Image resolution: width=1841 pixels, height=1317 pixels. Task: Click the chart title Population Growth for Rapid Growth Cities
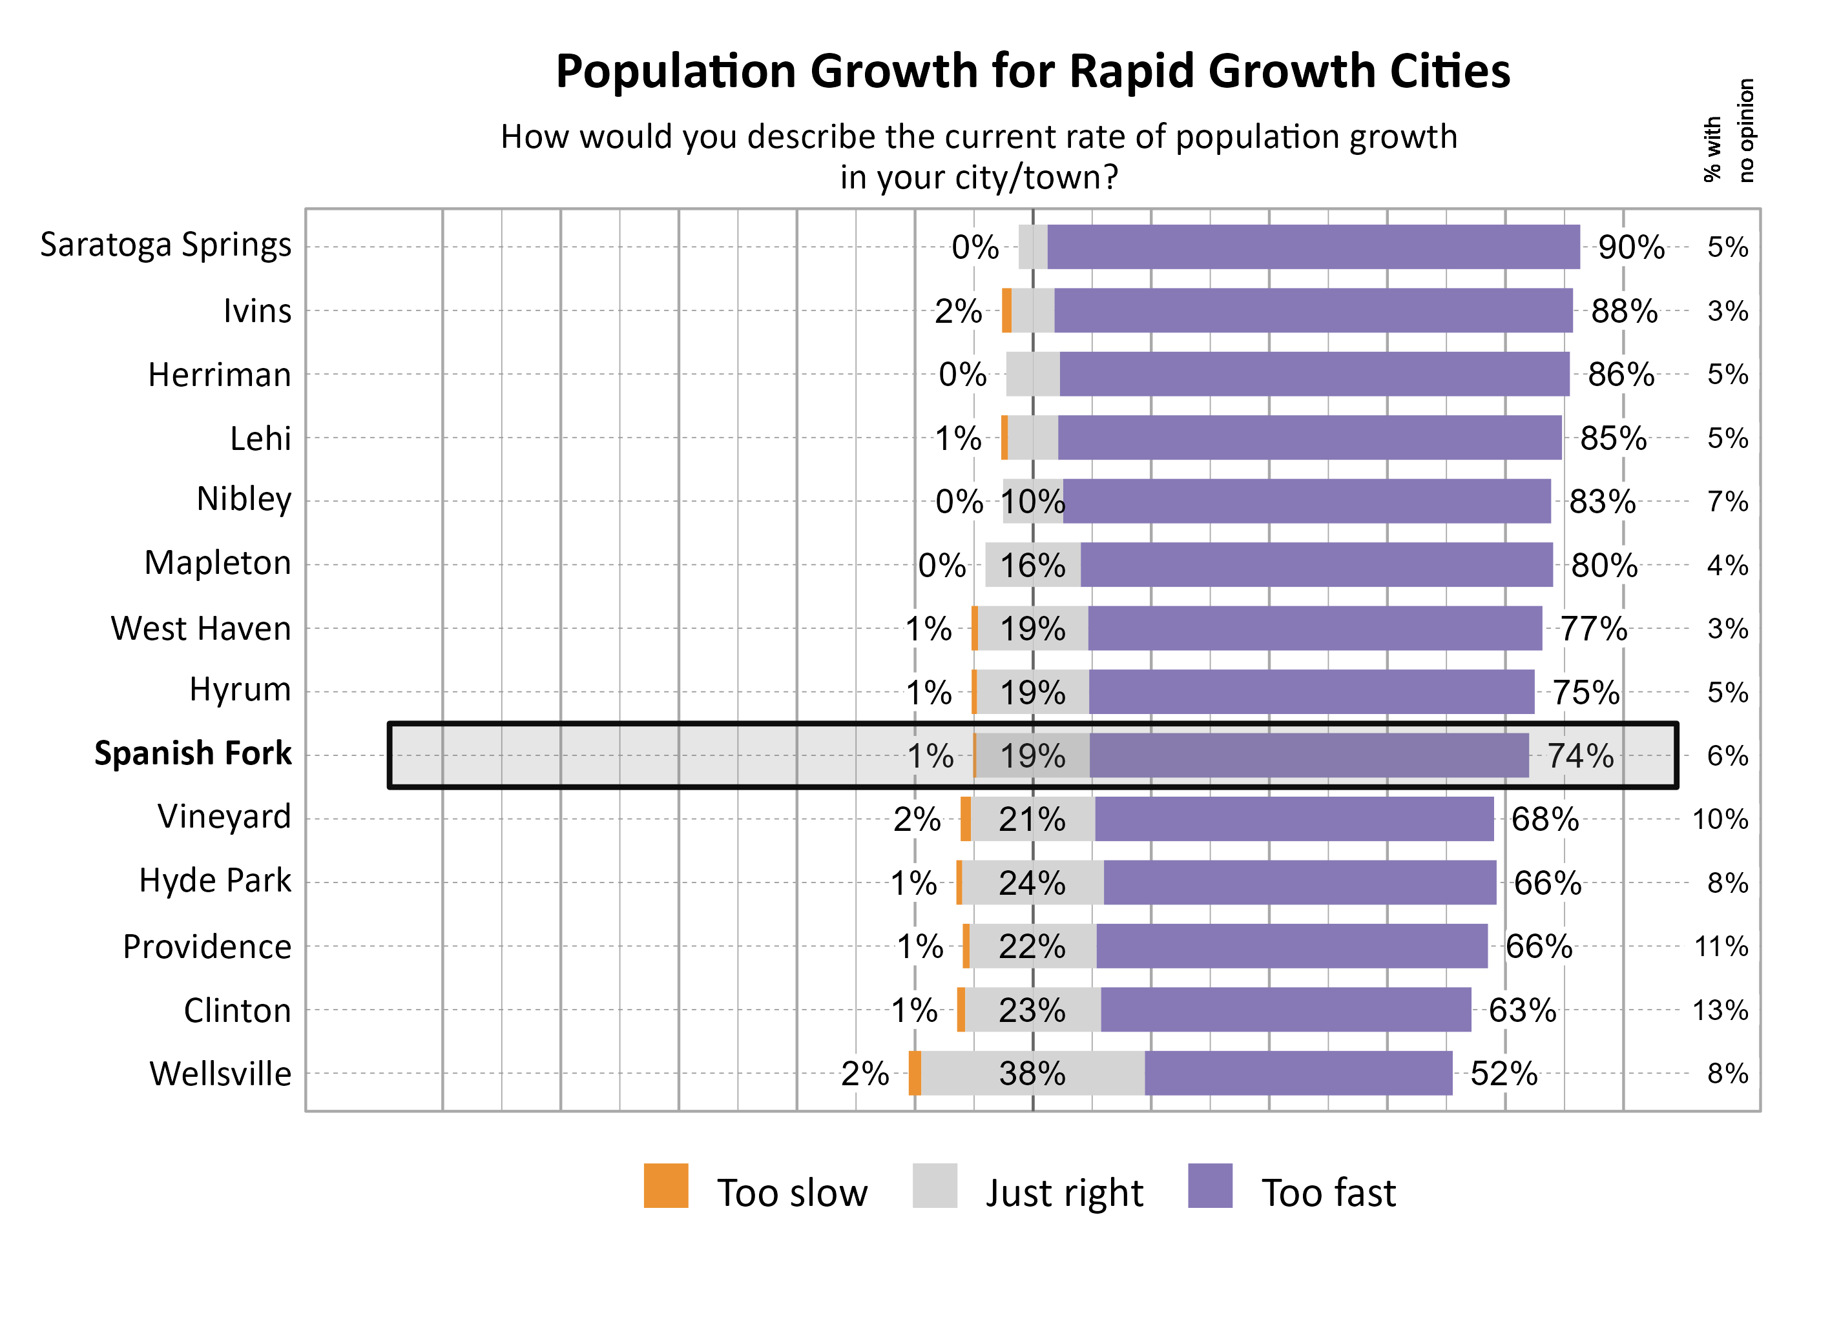1032,72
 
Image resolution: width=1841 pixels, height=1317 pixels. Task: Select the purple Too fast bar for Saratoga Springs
1313,247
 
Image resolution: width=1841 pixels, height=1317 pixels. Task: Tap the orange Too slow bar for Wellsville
915,1073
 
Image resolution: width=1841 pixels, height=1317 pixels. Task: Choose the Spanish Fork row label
192,753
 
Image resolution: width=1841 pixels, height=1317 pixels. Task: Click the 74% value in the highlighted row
1579,756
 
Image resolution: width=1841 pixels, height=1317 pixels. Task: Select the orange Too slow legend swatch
665,1186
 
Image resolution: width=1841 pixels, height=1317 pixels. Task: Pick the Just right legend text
1064,1193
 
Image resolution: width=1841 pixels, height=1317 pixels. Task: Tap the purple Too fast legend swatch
1209,1186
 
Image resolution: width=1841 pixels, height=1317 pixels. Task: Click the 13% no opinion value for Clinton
1720,1010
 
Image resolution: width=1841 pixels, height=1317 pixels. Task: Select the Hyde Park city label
214,881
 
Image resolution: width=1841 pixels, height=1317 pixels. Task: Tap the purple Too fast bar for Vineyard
1293,819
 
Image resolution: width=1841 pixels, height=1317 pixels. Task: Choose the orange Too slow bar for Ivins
1006,311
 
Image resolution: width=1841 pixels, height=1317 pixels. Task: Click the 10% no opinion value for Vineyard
1720,820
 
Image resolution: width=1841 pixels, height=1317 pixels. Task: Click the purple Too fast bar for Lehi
1309,438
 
